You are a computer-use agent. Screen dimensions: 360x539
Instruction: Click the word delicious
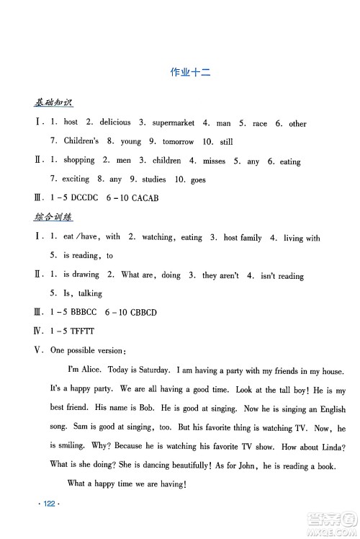coord(115,122)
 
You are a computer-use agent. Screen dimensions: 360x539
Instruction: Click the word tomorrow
coord(176,142)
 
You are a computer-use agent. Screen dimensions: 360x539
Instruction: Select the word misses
coord(218,161)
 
